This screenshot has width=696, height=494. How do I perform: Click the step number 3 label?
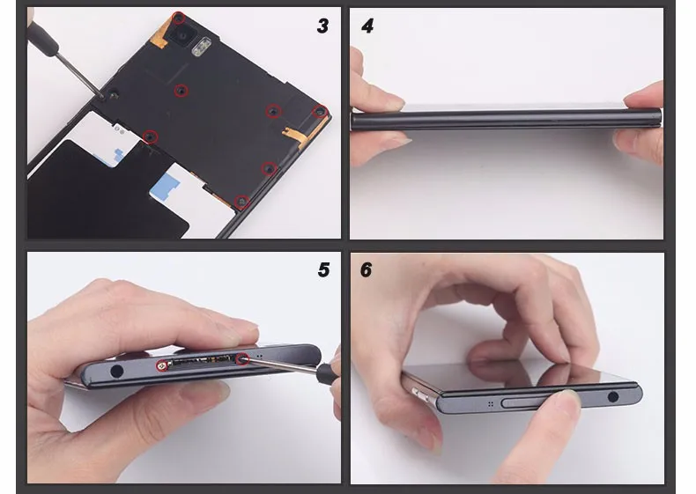(323, 26)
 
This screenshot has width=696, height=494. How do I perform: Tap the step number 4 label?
(367, 26)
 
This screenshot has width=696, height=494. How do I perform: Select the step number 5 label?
(323, 269)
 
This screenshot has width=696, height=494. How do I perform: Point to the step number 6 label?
(367, 269)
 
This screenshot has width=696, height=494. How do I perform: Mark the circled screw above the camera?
(179, 18)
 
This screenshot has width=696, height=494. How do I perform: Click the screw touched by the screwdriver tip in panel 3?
(115, 92)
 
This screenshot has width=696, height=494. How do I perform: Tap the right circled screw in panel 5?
(241, 358)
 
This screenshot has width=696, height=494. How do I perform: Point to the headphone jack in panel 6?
(612, 396)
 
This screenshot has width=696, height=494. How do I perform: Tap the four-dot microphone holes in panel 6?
(489, 404)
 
